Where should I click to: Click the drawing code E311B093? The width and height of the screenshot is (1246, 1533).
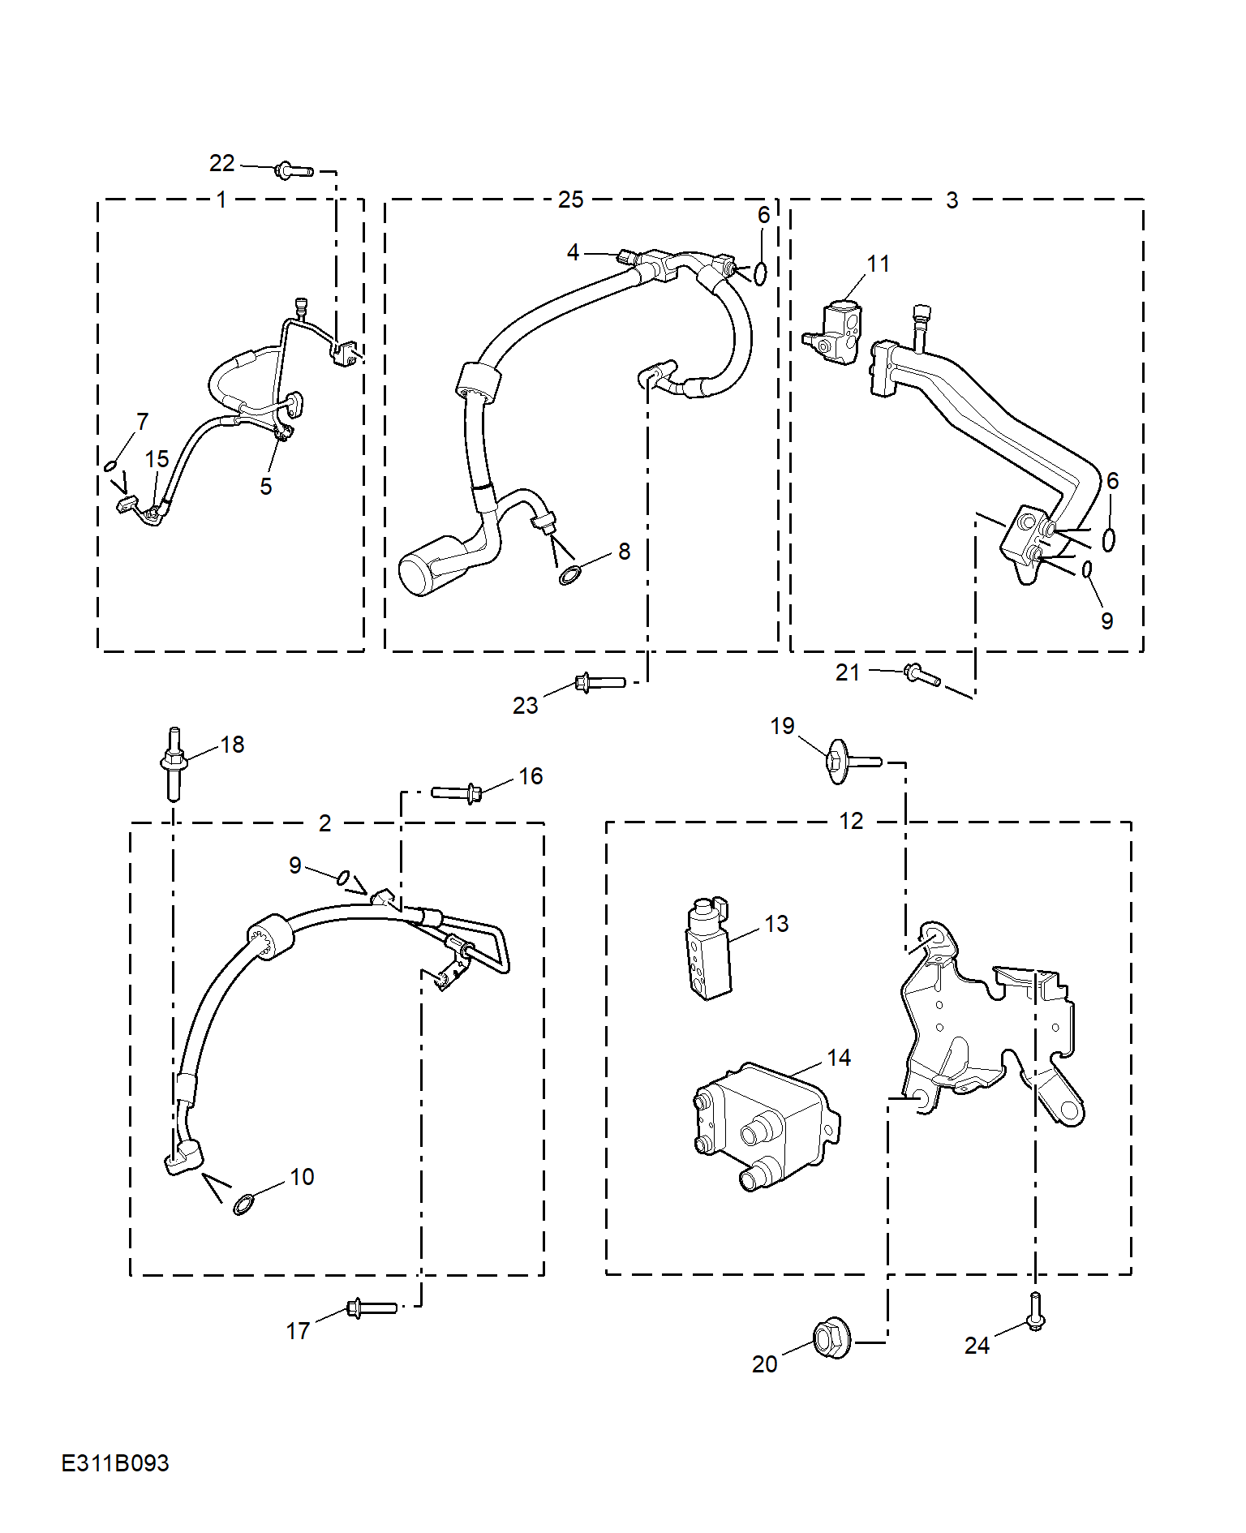(x=115, y=1463)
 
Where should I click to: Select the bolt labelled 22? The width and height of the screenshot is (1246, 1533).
(x=294, y=170)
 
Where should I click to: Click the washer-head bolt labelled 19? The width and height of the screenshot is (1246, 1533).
(x=852, y=762)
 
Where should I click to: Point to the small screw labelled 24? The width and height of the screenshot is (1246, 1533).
(x=1036, y=1312)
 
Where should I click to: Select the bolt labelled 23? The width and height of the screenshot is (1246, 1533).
(x=599, y=682)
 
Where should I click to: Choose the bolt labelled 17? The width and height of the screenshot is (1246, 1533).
(x=372, y=1308)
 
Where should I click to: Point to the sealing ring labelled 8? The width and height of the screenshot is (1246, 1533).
(x=572, y=576)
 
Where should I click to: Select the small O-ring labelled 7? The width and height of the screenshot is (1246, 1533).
(x=110, y=466)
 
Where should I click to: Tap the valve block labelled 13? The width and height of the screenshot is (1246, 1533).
(x=709, y=949)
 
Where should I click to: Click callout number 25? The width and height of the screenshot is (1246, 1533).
(x=570, y=200)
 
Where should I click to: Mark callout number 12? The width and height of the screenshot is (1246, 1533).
(x=851, y=821)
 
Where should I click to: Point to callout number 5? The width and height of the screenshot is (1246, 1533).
(x=265, y=486)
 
